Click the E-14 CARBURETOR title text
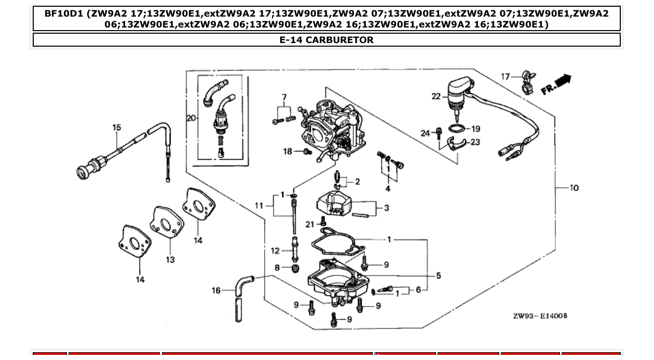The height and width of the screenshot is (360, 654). pos(326,40)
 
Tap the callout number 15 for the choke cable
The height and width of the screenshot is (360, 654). pos(117,127)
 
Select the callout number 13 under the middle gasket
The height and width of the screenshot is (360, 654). pos(170,259)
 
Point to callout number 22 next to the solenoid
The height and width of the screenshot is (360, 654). pos(435,96)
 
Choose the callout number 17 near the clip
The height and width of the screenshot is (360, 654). pos(505,76)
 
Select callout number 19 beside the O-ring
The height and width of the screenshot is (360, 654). pos(475,129)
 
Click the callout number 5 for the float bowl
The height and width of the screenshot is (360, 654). pos(438,275)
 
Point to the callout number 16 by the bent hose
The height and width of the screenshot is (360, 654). pos(216,290)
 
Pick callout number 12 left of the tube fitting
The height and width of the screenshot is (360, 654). pos(275,251)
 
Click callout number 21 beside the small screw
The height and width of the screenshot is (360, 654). pos(310,224)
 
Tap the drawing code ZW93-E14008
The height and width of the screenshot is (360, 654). pos(540,316)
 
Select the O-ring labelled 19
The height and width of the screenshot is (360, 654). pos(457,128)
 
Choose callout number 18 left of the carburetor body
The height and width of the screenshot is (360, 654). pos(288,151)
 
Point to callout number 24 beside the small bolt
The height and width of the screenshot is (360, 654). pos(425,133)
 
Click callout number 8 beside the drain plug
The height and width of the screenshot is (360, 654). pos(277,268)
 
